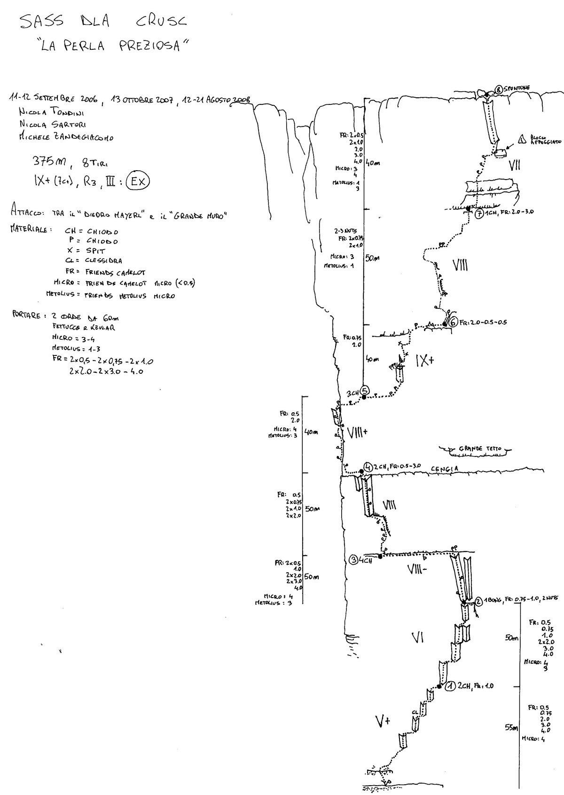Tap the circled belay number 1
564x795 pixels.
click(x=450, y=686)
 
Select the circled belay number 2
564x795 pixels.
click(x=478, y=600)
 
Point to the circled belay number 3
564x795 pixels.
click(x=353, y=560)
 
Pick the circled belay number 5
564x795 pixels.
click(x=366, y=390)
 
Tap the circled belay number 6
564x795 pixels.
click(x=453, y=322)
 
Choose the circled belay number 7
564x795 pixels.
click(x=478, y=213)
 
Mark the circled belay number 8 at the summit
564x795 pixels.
click(x=499, y=89)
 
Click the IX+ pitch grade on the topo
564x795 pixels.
click(x=425, y=361)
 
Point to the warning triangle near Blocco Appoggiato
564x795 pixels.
click(x=522, y=139)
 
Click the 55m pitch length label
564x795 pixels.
click(x=511, y=741)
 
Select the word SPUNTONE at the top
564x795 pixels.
click(x=517, y=88)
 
